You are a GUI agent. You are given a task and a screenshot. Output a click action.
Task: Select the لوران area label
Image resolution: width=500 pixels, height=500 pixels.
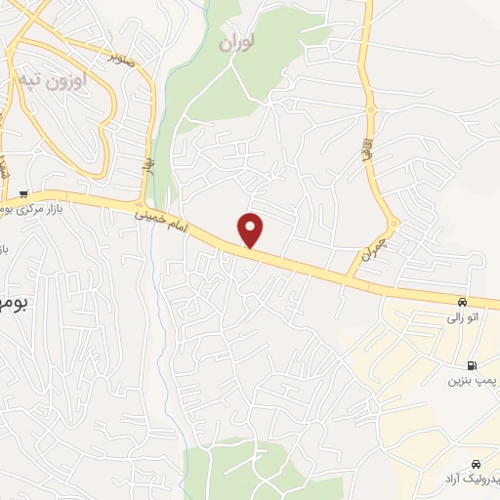[237, 44]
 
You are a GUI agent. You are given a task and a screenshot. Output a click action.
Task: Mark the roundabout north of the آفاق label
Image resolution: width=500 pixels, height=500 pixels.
[370, 109]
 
